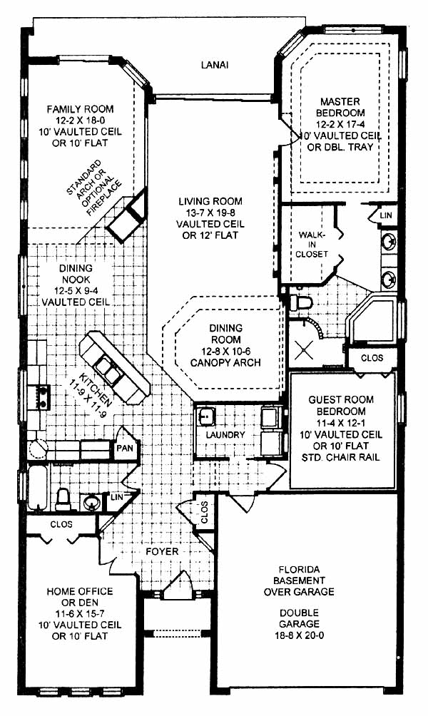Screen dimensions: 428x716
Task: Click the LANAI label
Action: tap(215, 66)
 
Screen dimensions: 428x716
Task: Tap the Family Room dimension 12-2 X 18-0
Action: tap(81, 121)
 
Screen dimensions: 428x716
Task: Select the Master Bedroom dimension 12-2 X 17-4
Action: tap(340, 124)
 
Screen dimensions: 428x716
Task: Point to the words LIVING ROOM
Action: tap(210, 201)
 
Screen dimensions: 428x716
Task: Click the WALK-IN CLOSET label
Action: tap(312, 245)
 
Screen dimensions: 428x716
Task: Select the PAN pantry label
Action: tap(125, 448)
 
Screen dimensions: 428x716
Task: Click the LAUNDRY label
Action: tap(225, 435)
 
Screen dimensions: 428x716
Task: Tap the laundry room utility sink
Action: tap(206, 416)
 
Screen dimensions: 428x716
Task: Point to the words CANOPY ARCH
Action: tap(225, 362)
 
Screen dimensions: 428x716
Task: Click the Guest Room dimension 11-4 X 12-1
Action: tap(341, 422)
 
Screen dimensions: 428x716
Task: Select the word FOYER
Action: tap(162, 551)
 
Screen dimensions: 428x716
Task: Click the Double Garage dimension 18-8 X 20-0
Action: tap(299, 635)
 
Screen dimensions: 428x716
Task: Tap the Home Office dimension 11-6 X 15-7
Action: tap(79, 614)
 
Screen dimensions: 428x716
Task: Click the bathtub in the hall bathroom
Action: tap(38, 488)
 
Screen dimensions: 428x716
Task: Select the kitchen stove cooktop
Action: tap(38, 396)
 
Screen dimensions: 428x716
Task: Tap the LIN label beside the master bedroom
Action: tap(386, 215)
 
